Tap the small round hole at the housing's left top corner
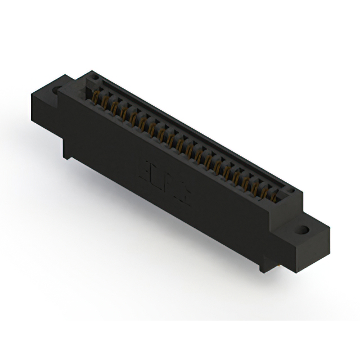pyautogui.click(x=95, y=77)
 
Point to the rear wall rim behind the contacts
pyautogui.click(x=191, y=133)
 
